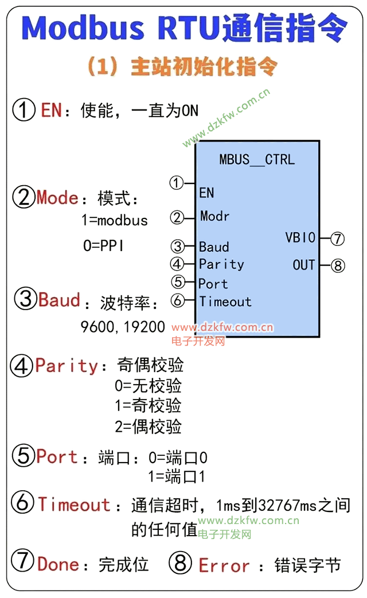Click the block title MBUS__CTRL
click(257, 159)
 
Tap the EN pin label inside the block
click(206, 193)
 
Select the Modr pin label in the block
click(214, 216)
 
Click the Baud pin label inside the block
click(214, 247)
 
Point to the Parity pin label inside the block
click(221, 264)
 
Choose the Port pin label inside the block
click(213, 284)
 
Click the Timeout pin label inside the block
click(225, 302)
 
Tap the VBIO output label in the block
click(300, 237)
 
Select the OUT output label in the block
click(304, 265)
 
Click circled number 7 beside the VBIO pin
click(337, 238)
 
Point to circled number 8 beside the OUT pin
click(338, 265)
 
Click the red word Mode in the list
click(57, 198)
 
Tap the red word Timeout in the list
click(74, 505)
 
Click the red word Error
click(224, 566)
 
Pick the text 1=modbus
click(115, 220)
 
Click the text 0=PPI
click(103, 246)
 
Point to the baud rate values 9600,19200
click(123, 327)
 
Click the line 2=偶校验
click(148, 427)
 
